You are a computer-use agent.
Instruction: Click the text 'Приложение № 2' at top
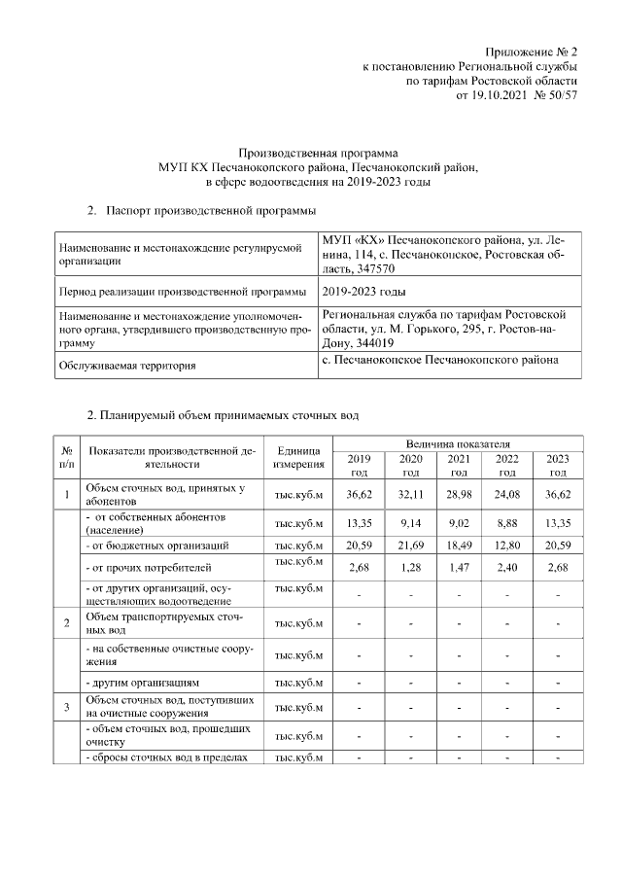click(532, 51)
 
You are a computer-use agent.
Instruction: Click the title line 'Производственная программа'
click(319, 153)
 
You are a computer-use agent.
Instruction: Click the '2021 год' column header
click(458, 465)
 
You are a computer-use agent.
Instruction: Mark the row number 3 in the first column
click(66, 706)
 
